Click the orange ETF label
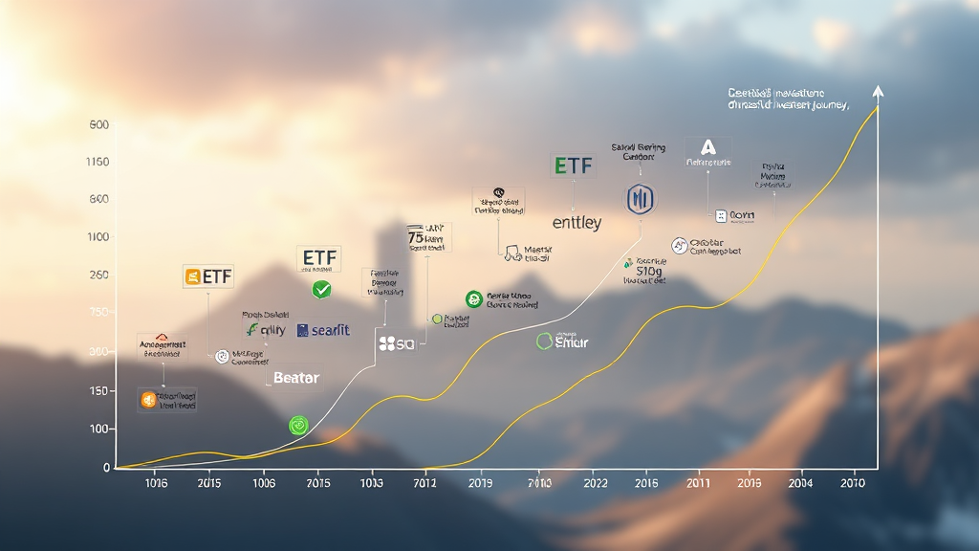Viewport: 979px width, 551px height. point(207,277)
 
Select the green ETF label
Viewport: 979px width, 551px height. point(573,165)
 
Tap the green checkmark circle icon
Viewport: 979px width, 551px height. point(321,289)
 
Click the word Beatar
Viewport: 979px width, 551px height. point(296,378)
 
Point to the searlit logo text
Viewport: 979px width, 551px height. point(323,330)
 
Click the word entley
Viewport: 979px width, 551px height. point(577,223)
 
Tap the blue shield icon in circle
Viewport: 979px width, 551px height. point(639,199)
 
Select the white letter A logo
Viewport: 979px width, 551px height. point(707,147)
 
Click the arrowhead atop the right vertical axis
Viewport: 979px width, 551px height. point(878,92)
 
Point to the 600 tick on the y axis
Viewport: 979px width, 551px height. point(98,125)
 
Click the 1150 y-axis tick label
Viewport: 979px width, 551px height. point(98,162)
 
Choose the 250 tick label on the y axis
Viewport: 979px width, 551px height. point(98,275)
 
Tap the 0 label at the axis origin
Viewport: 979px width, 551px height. point(107,467)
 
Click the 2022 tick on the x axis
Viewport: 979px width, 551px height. point(595,484)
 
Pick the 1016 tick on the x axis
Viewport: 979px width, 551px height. point(156,484)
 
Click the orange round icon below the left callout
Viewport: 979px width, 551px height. point(147,400)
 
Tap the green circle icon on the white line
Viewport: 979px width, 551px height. point(298,425)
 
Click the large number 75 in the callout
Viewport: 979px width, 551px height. point(416,236)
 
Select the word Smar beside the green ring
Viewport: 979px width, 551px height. point(572,342)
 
